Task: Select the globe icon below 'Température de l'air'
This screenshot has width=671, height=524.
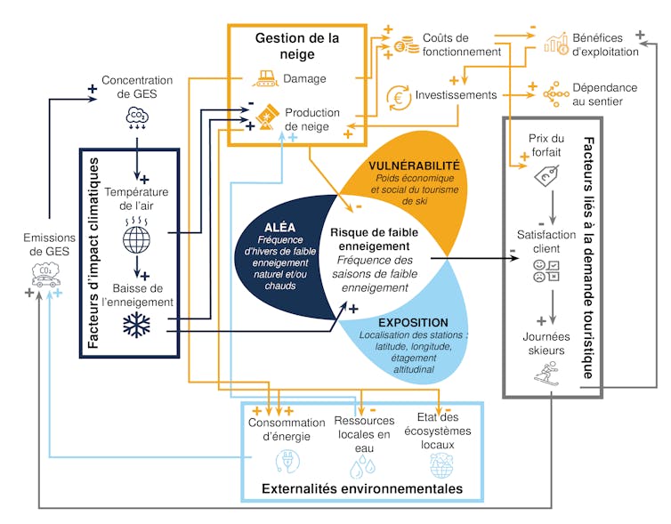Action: point(137,238)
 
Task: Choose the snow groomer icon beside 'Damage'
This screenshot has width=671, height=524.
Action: point(264,79)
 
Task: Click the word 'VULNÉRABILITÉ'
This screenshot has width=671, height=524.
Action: point(414,165)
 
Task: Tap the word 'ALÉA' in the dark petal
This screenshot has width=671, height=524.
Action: point(279,228)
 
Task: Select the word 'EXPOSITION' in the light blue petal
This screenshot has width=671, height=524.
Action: point(412,322)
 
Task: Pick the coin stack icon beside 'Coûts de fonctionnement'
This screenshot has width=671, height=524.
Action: point(406,44)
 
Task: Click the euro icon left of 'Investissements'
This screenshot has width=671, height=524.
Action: point(398,95)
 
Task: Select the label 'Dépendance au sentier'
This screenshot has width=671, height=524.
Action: point(604,94)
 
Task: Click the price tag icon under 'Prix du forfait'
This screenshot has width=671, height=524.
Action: point(546,177)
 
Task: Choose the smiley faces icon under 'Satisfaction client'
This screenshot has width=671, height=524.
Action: point(546,270)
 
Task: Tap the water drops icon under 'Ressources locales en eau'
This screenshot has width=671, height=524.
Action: point(362,463)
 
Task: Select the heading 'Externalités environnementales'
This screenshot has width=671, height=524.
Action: point(361,488)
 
